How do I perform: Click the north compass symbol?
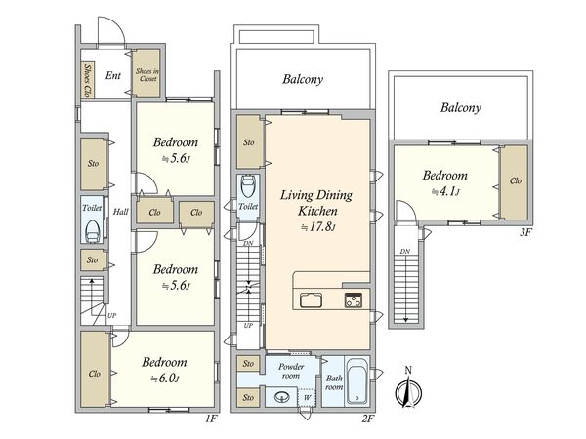click(408, 391)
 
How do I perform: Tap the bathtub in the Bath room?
click(356, 381)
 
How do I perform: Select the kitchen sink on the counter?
click(311, 299)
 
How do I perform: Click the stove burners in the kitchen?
click(354, 300)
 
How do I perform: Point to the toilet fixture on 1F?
click(92, 232)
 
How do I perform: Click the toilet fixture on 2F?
click(248, 186)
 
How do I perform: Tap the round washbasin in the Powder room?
click(282, 397)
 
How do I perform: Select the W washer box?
click(307, 398)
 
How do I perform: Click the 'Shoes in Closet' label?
click(147, 75)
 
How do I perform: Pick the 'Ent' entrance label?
click(113, 75)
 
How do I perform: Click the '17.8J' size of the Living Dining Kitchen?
click(318, 226)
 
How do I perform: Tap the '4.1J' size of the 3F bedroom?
click(445, 192)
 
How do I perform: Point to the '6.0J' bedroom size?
click(164, 379)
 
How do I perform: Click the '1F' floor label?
click(211, 419)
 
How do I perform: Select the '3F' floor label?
click(525, 232)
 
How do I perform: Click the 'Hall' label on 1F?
click(121, 212)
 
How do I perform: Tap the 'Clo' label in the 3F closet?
click(516, 180)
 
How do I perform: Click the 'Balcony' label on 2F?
click(303, 79)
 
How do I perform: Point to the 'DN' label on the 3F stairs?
click(405, 252)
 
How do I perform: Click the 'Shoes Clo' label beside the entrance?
click(88, 80)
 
